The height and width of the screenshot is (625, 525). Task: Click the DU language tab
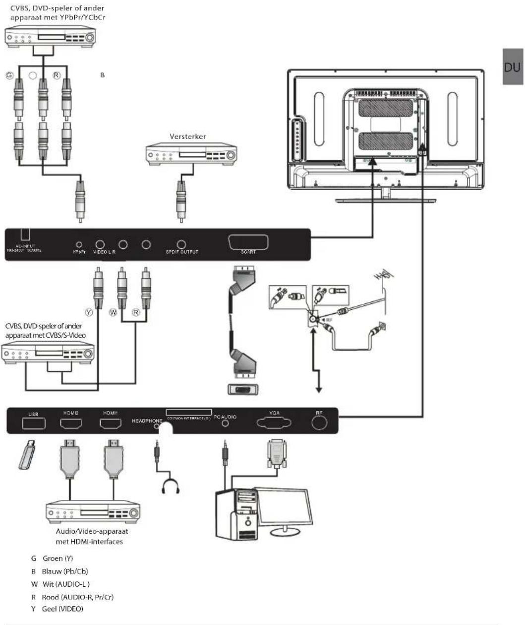pyautogui.click(x=513, y=67)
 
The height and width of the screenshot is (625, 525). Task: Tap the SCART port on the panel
pyautogui.click(x=248, y=243)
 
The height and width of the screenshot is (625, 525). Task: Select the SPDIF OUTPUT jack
pyautogui.click(x=182, y=244)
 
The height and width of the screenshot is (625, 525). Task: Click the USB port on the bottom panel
pyautogui.click(x=33, y=423)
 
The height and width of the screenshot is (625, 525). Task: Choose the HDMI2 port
pyautogui.click(x=71, y=423)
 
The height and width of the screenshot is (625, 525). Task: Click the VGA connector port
pyautogui.click(x=274, y=423)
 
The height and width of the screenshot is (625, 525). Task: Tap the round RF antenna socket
pyautogui.click(x=319, y=423)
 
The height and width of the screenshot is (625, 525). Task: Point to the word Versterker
pyautogui.click(x=187, y=136)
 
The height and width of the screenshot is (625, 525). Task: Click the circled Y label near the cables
pyautogui.click(x=89, y=313)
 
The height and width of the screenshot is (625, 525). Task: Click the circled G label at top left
pyautogui.click(x=9, y=76)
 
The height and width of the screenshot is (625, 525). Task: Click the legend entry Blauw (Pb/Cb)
pyautogui.click(x=59, y=571)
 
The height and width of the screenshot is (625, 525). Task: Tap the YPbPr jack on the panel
pyautogui.click(x=79, y=244)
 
